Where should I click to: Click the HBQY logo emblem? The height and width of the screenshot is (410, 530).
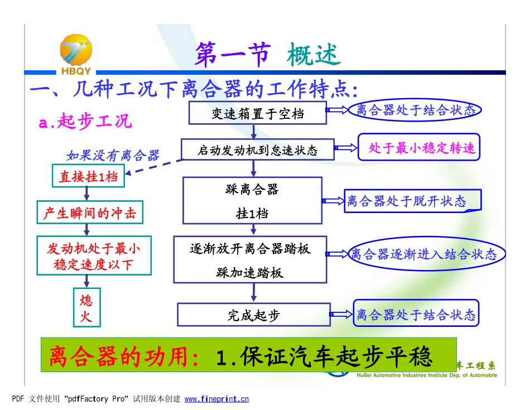coord(76,52)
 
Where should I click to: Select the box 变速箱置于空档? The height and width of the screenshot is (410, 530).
coord(258,113)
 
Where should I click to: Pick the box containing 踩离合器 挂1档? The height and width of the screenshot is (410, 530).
coord(253,200)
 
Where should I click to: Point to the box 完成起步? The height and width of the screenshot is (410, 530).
coord(253,315)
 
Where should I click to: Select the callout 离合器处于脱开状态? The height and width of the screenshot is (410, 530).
coord(406,201)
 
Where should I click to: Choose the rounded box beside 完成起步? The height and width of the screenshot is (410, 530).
coord(416,315)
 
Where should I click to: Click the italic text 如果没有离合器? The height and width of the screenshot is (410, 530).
coord(113,155)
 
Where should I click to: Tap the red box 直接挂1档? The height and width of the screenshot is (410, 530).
coord(88,176)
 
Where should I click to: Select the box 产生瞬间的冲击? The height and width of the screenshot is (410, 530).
coord(89,213)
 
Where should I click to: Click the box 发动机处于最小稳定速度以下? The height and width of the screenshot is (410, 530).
coord(94,256)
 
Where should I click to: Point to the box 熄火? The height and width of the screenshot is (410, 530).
coord(86,308)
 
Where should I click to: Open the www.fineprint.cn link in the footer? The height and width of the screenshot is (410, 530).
coord(216,399)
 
